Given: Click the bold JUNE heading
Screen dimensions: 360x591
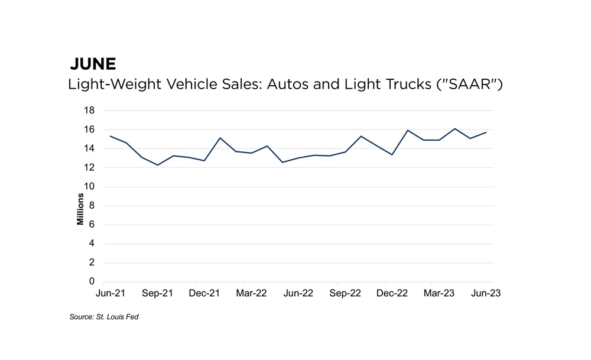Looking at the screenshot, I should point(93,64).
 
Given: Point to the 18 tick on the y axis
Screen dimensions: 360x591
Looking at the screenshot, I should point(90,111).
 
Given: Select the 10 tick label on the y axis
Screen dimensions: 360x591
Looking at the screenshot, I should point(90,187).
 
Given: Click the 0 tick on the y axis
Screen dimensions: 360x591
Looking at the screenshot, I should point(92,282).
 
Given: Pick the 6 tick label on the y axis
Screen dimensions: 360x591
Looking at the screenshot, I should point(92,225).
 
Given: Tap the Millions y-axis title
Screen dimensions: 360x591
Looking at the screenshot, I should point(80,205).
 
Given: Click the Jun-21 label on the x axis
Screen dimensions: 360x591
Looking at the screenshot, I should point(111,293).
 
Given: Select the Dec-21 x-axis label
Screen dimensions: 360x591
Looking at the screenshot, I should point(204,293).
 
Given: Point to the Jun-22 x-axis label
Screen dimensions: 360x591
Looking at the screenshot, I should point(298,293).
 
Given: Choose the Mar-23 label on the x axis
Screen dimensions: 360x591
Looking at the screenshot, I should point(439,293).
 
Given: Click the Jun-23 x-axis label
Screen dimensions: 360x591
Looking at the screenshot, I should point(486,293).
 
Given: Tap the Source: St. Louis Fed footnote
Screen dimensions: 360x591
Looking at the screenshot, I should point(103,317).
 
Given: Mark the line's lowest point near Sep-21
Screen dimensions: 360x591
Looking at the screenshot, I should point(158,165).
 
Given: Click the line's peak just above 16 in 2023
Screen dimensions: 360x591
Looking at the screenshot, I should point(454,129).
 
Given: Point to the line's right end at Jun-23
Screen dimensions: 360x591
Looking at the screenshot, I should point(486,132).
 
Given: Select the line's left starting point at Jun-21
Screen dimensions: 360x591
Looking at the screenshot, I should point(111,137).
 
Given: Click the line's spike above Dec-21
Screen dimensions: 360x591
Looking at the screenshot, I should point(220,138).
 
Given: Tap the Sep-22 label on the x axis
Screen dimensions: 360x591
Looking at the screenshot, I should point(345,293).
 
